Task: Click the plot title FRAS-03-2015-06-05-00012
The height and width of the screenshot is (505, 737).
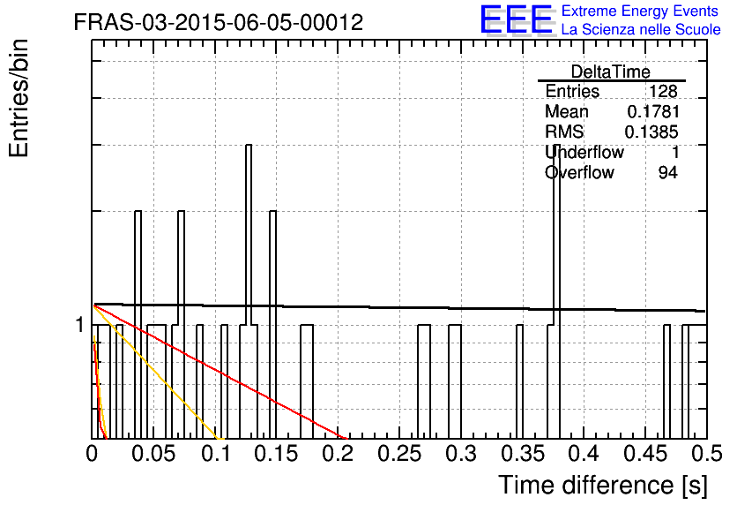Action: (219, 22)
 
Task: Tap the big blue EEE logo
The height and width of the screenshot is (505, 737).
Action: (517, 19)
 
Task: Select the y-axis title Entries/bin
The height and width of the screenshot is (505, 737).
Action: (19, 98)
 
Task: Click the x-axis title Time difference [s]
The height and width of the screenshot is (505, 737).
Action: (603, 486)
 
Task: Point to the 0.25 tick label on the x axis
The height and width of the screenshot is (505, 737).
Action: (400, 454)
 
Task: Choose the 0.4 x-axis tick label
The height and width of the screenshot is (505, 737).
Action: (584, 454)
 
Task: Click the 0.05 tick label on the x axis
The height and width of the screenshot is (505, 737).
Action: (153, 454)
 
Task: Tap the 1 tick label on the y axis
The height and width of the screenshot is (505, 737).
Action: (80, 325)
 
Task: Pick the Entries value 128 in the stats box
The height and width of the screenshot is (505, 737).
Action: (663, 91)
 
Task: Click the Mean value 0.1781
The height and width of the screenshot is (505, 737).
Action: (653, 111)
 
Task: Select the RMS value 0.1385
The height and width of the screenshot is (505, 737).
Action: (651, 132)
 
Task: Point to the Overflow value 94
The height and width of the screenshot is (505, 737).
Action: (668, 173)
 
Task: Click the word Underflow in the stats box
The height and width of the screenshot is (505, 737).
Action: (584, 152)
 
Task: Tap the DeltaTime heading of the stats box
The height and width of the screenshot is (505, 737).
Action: (611, 72)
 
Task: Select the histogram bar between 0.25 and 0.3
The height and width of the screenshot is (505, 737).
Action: (424, 381)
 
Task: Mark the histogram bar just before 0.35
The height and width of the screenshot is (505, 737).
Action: (519, 381)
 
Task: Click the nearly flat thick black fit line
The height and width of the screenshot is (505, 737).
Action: (399, 307)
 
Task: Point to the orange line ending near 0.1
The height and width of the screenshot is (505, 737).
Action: (158, 372)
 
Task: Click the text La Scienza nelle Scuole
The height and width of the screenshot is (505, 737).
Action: (641, 29)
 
